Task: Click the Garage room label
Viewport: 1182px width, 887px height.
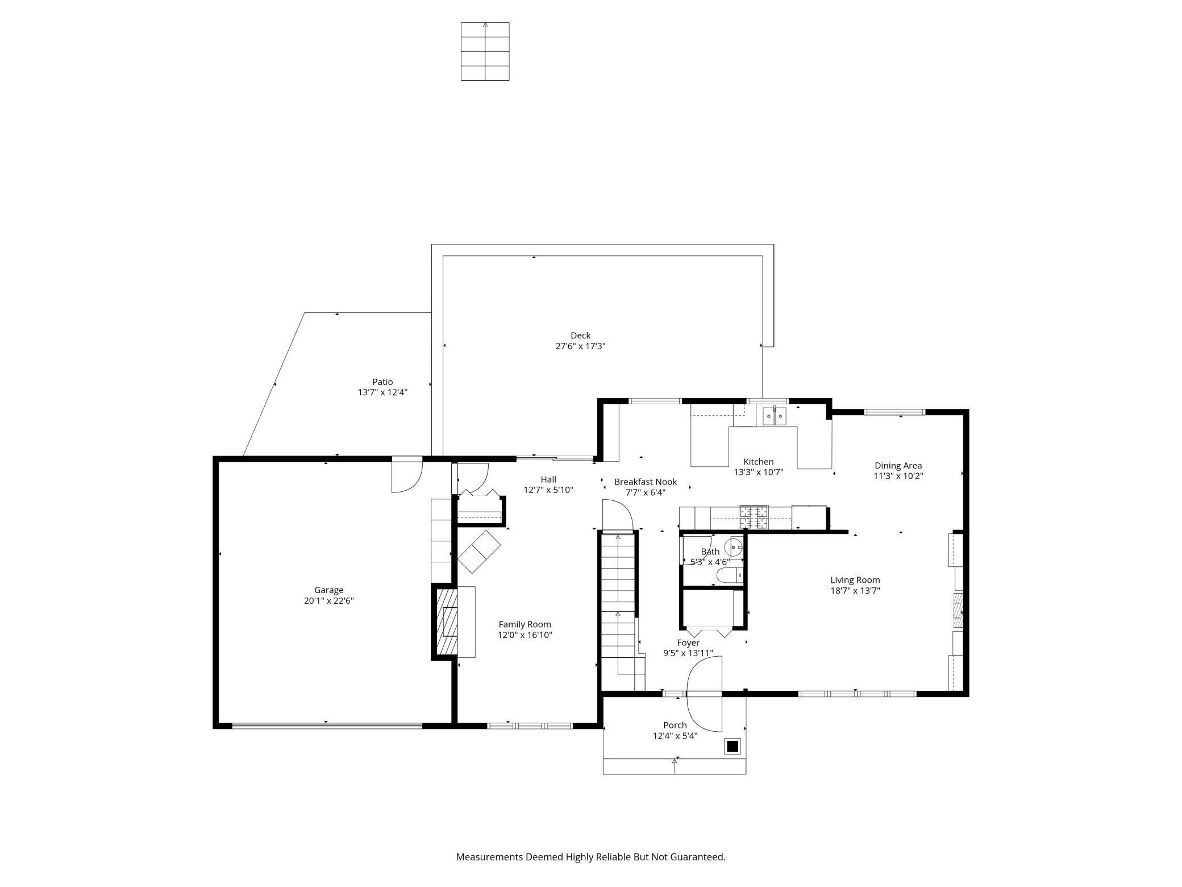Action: click(x=328, y=590)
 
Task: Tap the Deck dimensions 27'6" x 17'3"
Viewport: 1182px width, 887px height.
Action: click(x=580, y=346)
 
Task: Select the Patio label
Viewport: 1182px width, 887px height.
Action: click(x=382, y=382)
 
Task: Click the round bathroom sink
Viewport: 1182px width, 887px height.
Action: click(x=735, y=548)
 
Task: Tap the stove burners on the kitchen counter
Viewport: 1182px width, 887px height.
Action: click(x=753, y=516)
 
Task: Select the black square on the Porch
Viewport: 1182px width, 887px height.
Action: click(x=732, y=746)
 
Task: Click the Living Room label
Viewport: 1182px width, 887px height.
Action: click(x=855, y=580)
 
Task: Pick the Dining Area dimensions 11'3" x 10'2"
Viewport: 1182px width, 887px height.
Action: click(x=898, y=476)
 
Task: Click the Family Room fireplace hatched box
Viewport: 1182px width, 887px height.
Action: click(x=447, y=623)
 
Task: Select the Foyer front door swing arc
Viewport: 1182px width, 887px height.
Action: click(x=704, y=694)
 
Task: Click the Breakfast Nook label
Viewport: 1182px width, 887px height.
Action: click(x=646, y=482)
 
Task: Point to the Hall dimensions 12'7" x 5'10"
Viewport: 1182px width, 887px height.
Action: click(x=548, y=490)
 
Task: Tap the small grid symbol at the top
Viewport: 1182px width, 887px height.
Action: click(x=485, y=51)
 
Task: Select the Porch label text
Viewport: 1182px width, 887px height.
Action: click(x=675, y=725)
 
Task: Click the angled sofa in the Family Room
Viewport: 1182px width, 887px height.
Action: click(x=479, y=551)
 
